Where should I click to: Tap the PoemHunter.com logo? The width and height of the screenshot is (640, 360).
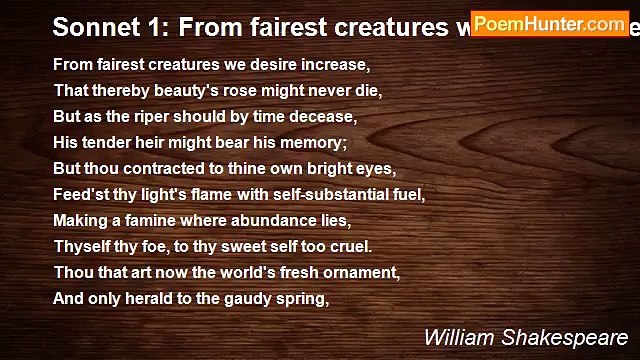(549, 24)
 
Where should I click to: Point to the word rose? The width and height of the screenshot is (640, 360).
(238, 90)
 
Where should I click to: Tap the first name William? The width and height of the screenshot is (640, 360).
(459, 337)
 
